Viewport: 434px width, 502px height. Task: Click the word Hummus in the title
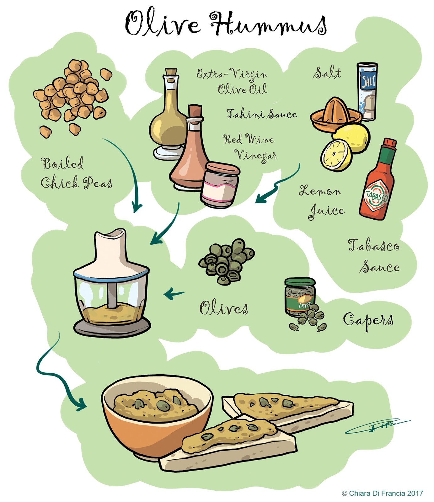(x=268, y=24)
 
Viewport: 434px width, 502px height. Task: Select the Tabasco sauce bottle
(x=378, y=185)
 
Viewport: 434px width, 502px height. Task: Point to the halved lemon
(x=336, y=155)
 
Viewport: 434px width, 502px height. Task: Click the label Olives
(x=224, y=308)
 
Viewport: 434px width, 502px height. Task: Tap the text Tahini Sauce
(x=261, y=114)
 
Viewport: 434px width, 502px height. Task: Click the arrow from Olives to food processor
(x=174, y=294)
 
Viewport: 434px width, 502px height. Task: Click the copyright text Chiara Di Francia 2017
(x=382, y=493)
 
